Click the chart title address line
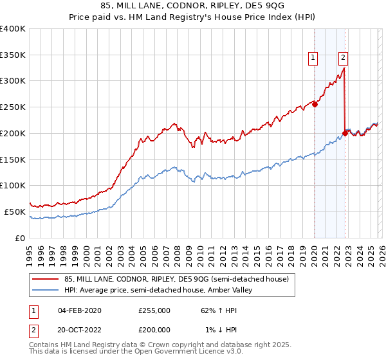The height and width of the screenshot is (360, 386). (x=192, y=7)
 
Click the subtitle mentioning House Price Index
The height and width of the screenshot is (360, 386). (x=192, y=19)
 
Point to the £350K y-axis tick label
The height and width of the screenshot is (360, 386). (x=13, y=55)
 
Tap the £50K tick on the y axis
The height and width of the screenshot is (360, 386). (x=15, y=212)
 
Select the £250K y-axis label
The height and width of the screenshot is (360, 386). (x=13, y=107)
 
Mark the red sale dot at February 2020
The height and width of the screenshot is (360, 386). (x=315, y=105)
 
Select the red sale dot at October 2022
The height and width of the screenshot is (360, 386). (x=345, y=134)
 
